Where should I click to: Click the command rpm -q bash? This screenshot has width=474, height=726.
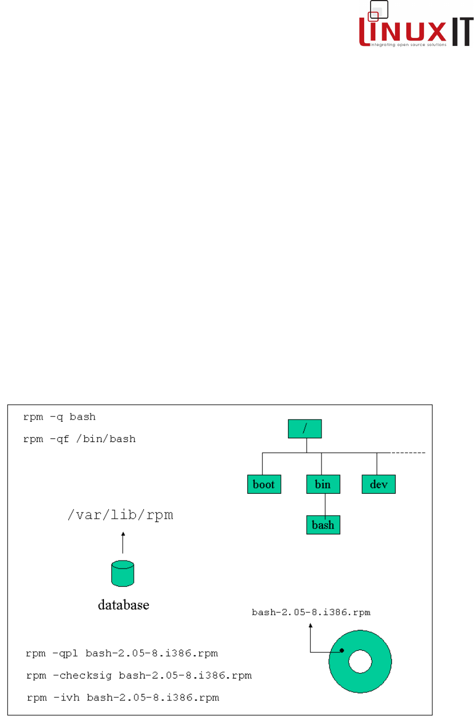(x=59, y=417)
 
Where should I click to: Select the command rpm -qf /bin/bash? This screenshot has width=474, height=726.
(x=79, y=439)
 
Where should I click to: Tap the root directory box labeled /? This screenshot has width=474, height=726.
(x=305, y=429)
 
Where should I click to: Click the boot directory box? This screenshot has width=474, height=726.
(x=264, y=484)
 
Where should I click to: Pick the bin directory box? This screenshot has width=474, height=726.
(x=323, y=484)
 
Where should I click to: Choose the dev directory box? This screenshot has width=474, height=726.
(x=379, y=484)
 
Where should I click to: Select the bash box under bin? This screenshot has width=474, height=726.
(x=323, y=525)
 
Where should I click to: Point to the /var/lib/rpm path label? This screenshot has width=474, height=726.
(x=120, y=516)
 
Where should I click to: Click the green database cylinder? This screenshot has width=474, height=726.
(x=123, y=573)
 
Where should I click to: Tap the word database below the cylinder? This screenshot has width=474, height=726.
(x=123, y=605)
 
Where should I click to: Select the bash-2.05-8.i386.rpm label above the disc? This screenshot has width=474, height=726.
(x=311, y=613)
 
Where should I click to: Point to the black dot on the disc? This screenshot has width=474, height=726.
(x=341, y=651)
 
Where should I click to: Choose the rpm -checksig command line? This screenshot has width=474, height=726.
(x=139, y=676)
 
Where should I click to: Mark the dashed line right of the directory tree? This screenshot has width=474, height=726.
(x=408, y=453)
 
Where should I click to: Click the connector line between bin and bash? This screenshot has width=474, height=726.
(x=325, y=504)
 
